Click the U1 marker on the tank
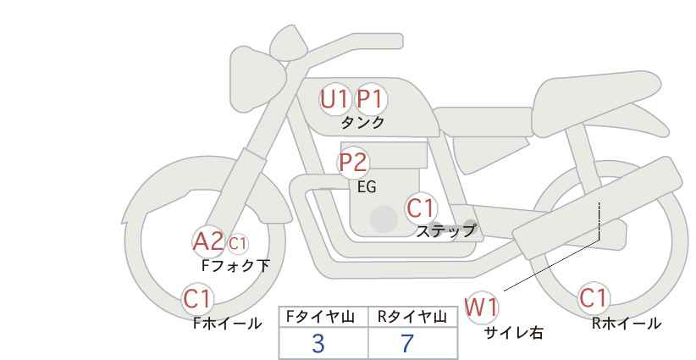pos(334,99)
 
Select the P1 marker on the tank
pos(371,99)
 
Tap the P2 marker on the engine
pos(354,163)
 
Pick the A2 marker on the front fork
pos(207,242)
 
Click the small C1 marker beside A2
pos(237,243)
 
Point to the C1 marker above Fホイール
pos(198,298)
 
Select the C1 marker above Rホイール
pos(594,298)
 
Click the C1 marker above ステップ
pos(420,208)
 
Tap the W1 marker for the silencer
pos(482,307)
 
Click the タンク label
pos(362,123)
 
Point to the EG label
pos(367,187)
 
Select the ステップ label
pos(445,231)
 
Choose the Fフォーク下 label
pos(235,265)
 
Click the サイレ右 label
pos(514,333)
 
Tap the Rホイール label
pos(627,324)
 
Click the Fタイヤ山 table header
pos(320,317)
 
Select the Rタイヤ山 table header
pos(412,317)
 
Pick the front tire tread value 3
pos(318,344)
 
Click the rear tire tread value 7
pos(407,344)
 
